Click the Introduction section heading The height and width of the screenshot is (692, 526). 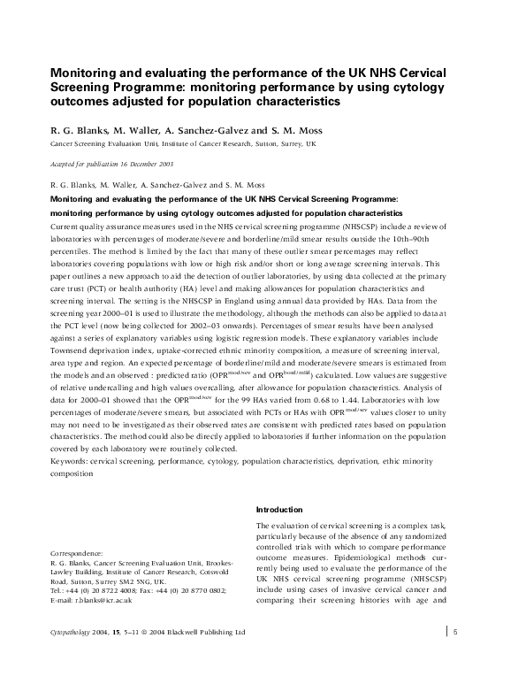(x=279, y=510)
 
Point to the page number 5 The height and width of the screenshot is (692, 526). (x=454, y=631)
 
